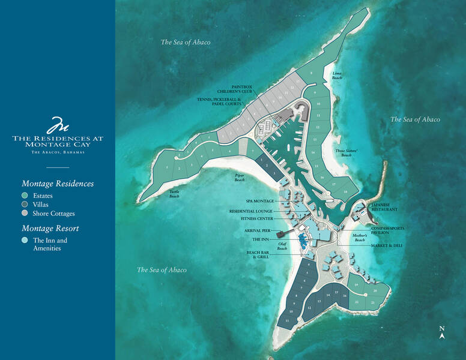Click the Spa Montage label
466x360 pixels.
[260, 201]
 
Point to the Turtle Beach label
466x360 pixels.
[174, 194]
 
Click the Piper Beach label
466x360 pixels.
[240, 178]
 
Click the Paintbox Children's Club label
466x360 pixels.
[237, 90]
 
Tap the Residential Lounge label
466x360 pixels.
[251, 211]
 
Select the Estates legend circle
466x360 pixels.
[25, 196]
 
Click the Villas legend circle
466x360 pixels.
[25, 204]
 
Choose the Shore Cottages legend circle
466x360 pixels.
[25, 213]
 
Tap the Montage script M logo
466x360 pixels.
[58, 125]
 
